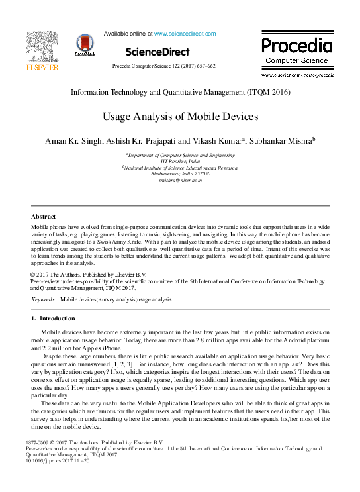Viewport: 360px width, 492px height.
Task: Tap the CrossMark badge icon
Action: (85, 44)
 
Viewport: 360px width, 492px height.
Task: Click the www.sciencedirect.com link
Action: (185, 33)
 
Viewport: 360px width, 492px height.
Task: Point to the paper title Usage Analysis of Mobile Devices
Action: (179, 117)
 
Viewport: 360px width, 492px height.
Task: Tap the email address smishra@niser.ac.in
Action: (180, 179)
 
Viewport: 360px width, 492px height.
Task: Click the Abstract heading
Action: (44, 216)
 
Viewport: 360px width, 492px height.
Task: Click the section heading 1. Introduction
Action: (54, 319)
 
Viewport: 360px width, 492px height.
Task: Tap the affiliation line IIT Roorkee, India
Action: (180, 161)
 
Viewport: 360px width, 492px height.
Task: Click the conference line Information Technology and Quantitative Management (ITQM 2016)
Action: (180, 93)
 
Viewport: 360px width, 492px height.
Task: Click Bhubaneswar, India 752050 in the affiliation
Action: (180, 173)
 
